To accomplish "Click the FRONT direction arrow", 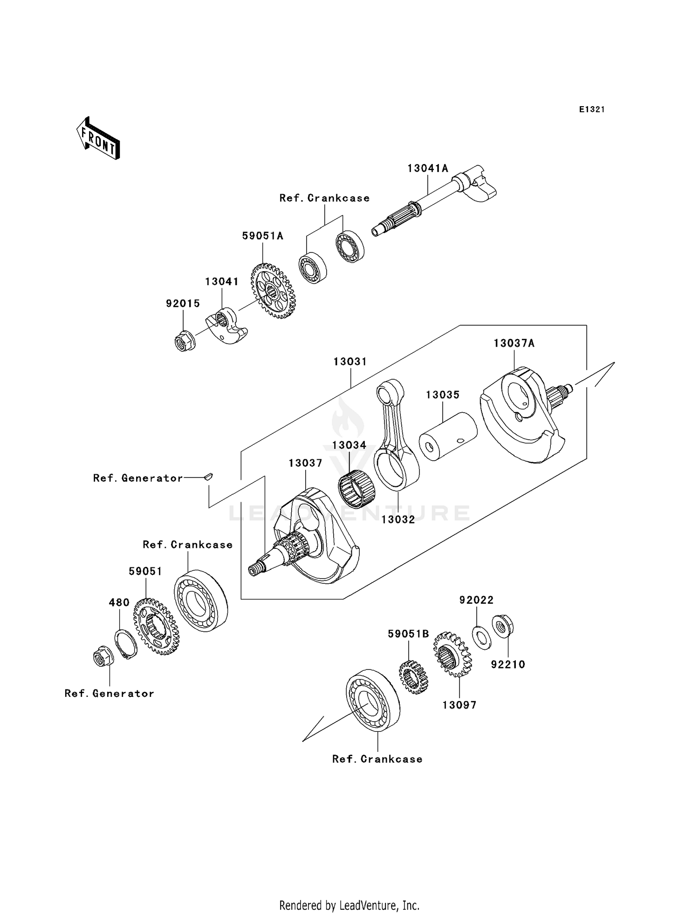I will point(98,138).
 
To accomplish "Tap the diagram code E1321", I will point(592,109).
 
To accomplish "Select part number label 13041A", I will point(427,168).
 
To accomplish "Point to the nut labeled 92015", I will point(184,341).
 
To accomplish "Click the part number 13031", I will point(350,362).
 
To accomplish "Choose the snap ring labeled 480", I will point(126,645).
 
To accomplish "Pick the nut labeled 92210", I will point(502,627).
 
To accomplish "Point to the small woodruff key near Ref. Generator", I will point(208,476).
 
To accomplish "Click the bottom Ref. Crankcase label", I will point(377,759).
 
